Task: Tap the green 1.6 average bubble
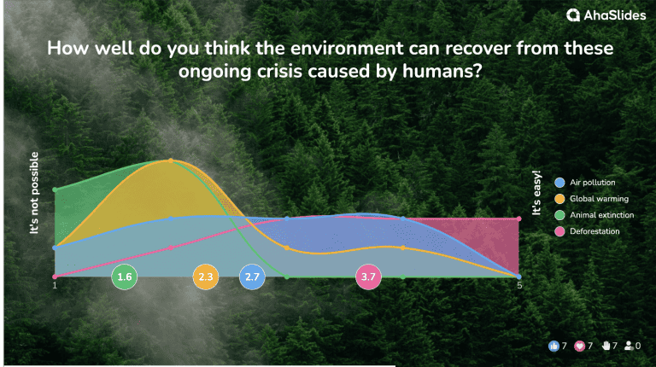click(125, 277)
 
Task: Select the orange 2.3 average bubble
click(206, 277)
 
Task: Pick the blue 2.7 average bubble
click(252, 277)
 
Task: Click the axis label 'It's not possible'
click(36, 193)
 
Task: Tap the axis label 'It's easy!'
click(537, 195)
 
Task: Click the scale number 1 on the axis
click(55, 286)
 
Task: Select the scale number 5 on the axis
click(519, 286)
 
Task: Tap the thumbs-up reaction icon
click(553, 346)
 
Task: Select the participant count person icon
click(630, 346)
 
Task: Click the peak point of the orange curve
click(171, 160)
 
